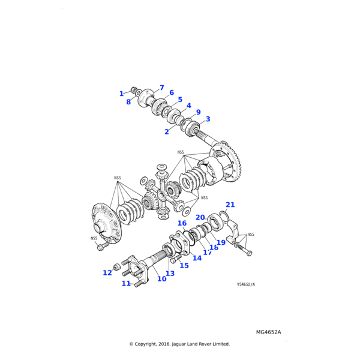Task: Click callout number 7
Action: [162, 88]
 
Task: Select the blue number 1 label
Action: [121, 94]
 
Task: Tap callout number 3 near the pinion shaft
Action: [208, 119]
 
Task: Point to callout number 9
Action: [198, 112]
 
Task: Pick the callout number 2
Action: [167, 132]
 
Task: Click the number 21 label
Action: [230, 205]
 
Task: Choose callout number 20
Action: [200, 217]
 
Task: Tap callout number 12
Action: [107, 273]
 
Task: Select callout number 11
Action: [126, 284]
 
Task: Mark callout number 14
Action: [197, 258]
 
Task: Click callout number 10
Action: [161, 279]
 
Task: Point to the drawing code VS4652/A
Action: [246, 284]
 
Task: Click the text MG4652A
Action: [268, 332]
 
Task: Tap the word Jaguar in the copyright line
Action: [179, 344]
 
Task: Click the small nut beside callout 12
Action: [116, 267]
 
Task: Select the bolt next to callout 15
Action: [176, 259]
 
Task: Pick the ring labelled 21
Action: [224, 215]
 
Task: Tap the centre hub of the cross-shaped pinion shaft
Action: [161, 196]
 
